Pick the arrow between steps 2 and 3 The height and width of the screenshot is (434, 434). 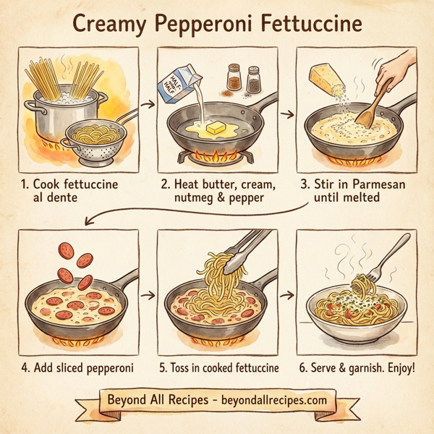coord(287,114)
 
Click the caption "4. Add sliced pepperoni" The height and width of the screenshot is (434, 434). coord(78,367)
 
